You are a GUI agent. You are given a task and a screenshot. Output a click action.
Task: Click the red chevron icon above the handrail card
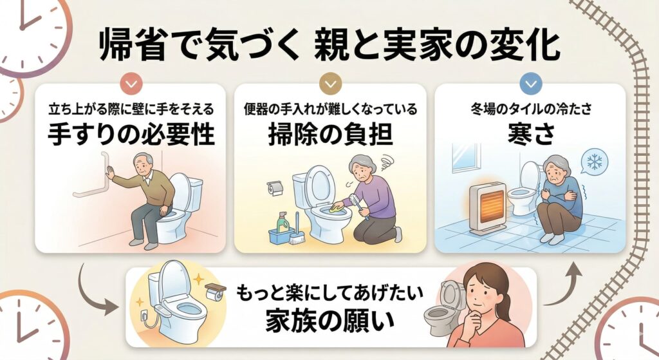131,84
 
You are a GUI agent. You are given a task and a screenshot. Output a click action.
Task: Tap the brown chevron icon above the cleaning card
331,84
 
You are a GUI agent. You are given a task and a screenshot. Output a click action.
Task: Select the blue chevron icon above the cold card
531,84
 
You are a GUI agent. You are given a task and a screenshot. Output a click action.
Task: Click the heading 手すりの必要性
131,135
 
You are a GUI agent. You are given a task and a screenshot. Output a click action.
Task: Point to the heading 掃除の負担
331,135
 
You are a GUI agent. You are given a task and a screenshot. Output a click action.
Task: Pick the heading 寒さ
531,135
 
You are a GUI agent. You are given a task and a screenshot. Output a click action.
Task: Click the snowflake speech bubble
593,162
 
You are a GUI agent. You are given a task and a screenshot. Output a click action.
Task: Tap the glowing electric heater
488,208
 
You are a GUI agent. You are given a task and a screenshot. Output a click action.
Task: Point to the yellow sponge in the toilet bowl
336,207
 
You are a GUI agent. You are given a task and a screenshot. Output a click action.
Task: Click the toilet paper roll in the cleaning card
275,189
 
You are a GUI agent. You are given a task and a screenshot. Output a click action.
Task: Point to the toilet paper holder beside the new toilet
216,291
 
